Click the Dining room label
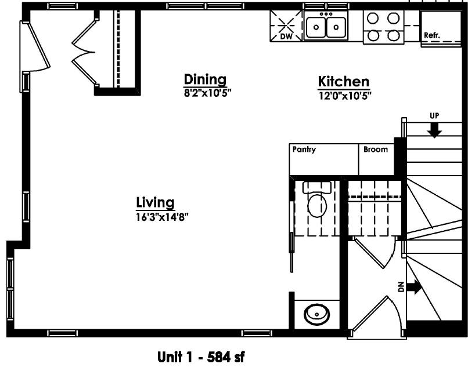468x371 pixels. point(205,79)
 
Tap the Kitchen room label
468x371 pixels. point(344,81)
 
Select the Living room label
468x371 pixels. point(155,203)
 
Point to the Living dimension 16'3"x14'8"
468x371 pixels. point(162,217)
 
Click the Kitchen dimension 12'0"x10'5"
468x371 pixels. point(345,96)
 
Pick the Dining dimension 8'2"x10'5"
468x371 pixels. point(208,93)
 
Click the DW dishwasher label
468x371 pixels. point(286,37)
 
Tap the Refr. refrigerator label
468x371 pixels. point(432,35)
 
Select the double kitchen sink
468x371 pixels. point(326,26)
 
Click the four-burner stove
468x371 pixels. point(383,27)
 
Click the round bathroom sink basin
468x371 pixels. point(316,314)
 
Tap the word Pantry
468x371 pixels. point(304,150)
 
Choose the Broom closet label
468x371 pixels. point(376,149)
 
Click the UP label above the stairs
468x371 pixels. point(434,115)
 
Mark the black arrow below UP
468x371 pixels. point(434,130)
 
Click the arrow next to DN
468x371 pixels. point(414,287)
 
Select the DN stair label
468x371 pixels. point(401,287)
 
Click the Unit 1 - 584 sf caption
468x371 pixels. point(201,357)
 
